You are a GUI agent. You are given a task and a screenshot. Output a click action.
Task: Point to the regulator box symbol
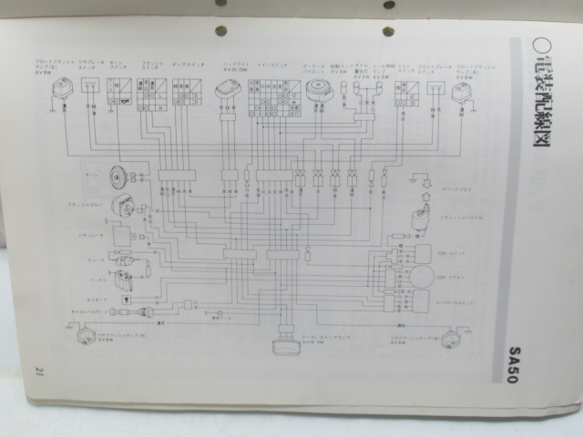121,235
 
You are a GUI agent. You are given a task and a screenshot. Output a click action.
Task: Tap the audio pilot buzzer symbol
318,89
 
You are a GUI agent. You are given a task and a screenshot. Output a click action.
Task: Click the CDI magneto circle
420,277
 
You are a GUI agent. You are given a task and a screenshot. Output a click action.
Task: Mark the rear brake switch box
89,86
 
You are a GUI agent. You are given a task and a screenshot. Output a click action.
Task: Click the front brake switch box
435,88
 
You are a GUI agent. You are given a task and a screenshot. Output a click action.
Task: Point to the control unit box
420,300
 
